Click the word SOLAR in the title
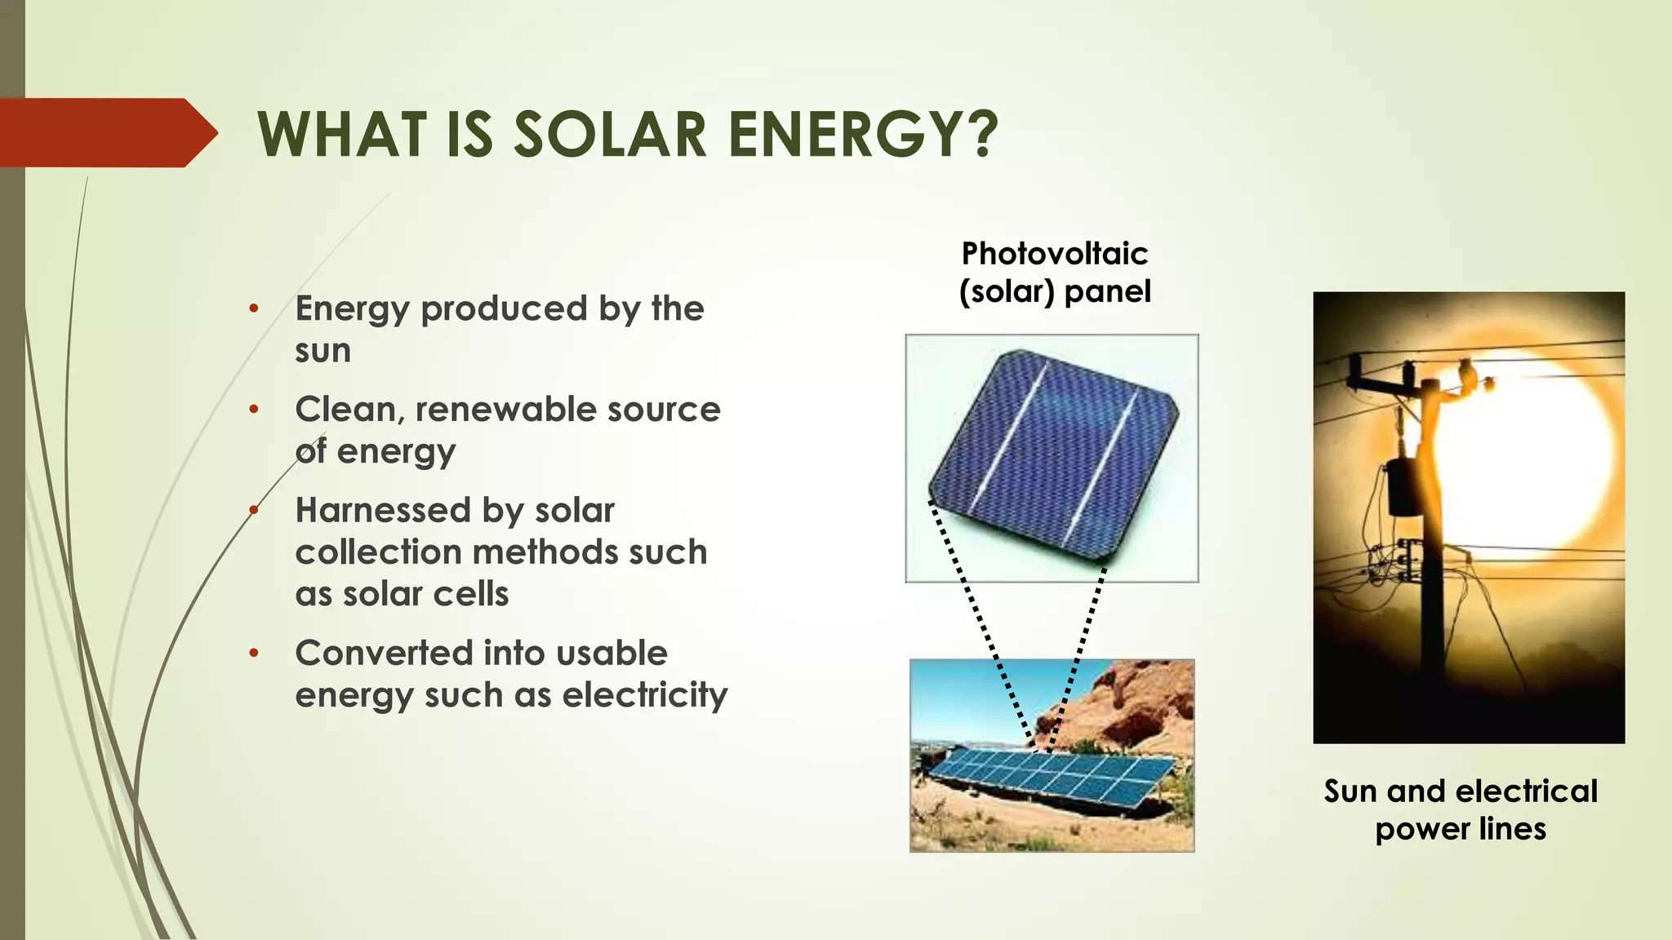(610, 135)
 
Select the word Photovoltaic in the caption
(1054, 254)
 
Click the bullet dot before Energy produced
(254, 308)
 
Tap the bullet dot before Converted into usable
(254, 653)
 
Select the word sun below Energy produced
(323, 351)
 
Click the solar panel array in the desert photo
(1053, 775)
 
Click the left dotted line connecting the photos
(980, 620)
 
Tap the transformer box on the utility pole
(1404, 488)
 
